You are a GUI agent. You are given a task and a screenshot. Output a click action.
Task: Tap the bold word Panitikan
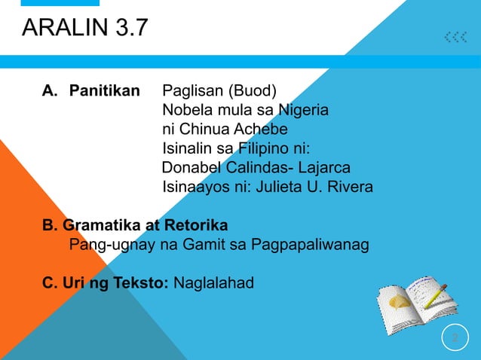(104, 92)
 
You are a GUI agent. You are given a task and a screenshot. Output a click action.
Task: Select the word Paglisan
(192, 92)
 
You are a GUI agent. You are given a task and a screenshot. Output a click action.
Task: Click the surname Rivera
(350, 185)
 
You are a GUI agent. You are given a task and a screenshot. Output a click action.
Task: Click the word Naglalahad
(214, 284)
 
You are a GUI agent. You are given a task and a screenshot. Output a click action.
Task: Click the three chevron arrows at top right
(455, 37)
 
